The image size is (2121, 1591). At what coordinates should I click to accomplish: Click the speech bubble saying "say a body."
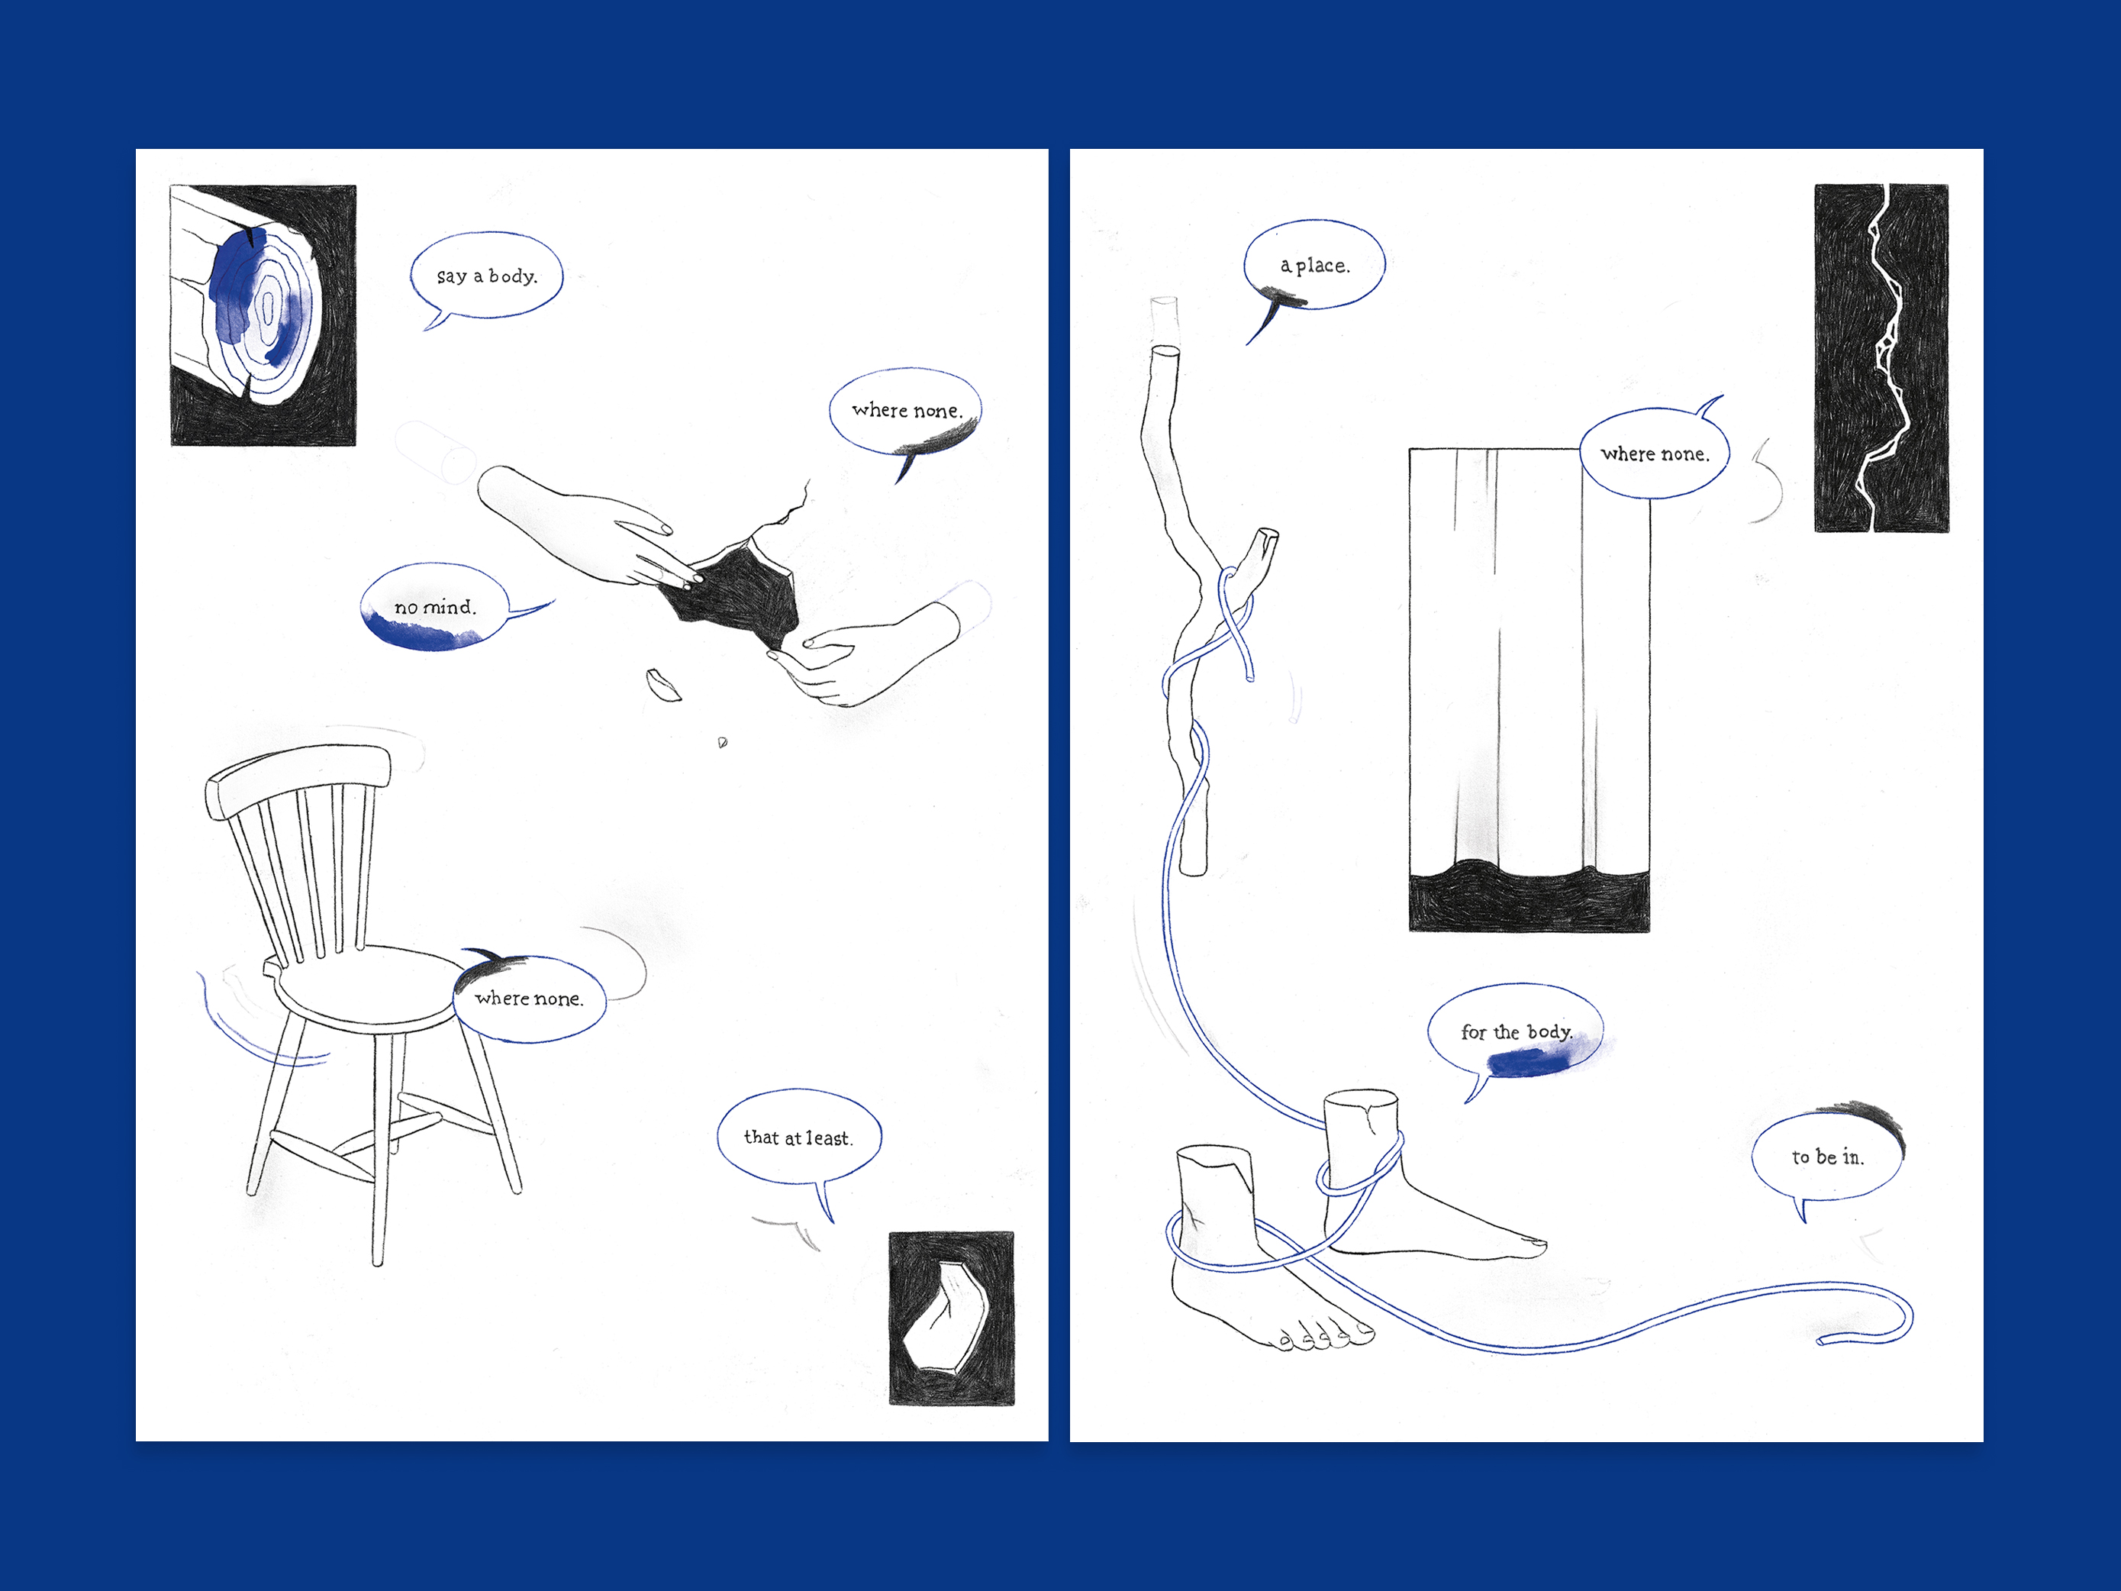486,276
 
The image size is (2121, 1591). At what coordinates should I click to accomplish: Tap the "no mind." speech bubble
435,607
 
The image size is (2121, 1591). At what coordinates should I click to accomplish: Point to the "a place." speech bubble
1314,265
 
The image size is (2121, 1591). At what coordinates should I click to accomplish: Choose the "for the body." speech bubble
1515,1033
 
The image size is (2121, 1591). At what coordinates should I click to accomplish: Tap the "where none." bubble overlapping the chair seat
529,999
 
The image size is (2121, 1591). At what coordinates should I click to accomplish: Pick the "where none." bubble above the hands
906,411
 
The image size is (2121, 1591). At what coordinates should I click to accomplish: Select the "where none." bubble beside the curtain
1655,453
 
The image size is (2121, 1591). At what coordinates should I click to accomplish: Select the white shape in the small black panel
949,1318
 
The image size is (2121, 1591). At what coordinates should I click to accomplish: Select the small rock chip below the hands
662,685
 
